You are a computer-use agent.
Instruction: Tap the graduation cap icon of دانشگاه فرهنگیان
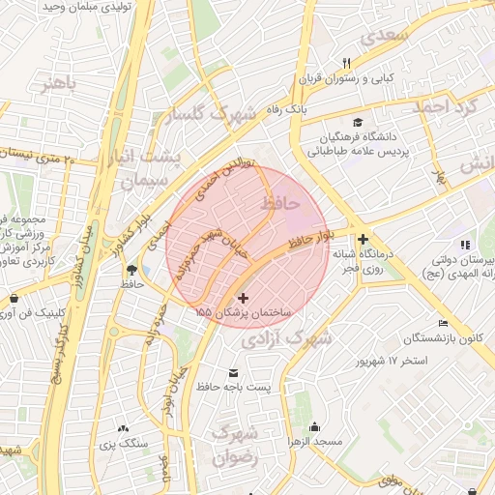(x=359, y=123)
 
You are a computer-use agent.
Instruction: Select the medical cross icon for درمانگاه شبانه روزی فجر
(x=363, y=239)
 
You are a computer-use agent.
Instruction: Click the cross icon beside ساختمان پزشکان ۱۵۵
(x=243, y=299)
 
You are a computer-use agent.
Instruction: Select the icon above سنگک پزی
(x=123, y=428)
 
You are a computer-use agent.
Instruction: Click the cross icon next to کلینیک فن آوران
(x=12, y=298)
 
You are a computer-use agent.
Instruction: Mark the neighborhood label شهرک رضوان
(x=235, y=445)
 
